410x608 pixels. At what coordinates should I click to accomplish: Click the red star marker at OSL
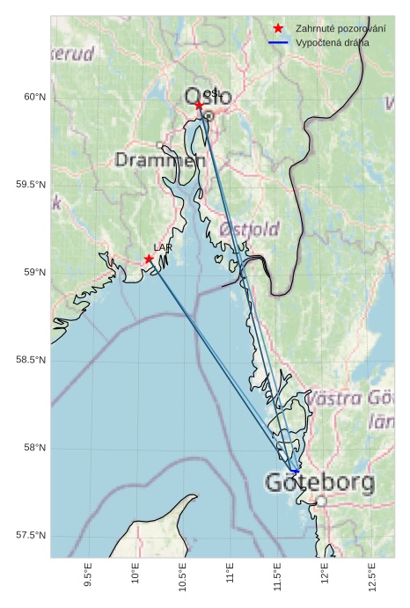[x=199, y=105]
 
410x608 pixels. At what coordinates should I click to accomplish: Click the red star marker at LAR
[x=149, y=259]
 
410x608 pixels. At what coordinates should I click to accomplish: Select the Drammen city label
[x=159, y=160]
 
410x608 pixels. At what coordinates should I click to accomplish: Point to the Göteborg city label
[x=319, y=483]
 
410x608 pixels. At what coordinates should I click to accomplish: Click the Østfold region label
[x=249, y=229]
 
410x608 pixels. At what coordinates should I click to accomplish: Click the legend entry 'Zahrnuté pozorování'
[x=340, y=28]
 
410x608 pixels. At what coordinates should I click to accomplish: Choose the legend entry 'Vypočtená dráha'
[x=333, y=42]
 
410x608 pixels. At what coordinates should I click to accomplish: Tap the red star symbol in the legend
[x=278, y=28]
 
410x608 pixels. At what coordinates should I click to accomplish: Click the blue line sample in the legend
[x=278, y=42]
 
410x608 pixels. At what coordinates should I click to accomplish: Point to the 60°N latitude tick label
[x=33, y=97]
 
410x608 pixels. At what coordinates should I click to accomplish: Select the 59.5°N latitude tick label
[x=30, y=185]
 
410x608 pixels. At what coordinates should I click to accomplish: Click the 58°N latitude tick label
[x=33, y=449]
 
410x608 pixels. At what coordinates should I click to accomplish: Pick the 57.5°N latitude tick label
[x=30, y=537]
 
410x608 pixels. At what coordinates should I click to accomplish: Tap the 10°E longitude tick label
[x=135, y=575]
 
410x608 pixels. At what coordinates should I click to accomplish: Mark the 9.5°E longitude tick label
[x=87, y=577]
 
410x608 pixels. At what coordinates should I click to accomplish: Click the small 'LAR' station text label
[x=163, y=248]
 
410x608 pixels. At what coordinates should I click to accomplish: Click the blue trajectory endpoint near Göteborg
[x=296, y=472]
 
